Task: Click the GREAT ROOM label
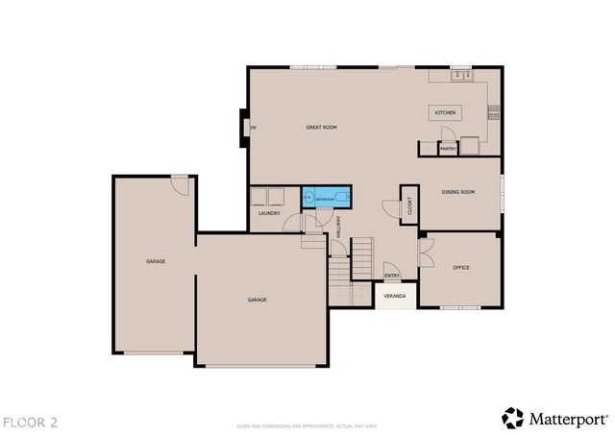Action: tap(321, 128)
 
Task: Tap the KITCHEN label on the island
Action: tap(445, 112)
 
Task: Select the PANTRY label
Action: tap(448, 149)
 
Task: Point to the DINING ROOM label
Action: tap(458, 192)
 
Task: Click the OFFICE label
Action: tap(460, 268)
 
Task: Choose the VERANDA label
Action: tap(395, 296)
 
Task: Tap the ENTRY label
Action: tap(392, 276)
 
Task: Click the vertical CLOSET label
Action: tap(409, 205)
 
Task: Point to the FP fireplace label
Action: tap(253, 128)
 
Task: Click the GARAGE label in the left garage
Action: tap(156, 261)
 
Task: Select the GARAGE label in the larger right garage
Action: tap(257, 300)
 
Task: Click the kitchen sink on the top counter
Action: tap(461, 74)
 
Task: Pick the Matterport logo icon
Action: tap(512, 418)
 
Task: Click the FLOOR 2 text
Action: tap(30, 422)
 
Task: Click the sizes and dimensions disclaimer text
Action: tap(307, 424)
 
